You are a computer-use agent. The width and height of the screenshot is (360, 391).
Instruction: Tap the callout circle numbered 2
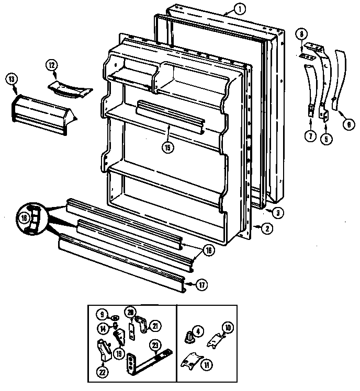coord(266,227)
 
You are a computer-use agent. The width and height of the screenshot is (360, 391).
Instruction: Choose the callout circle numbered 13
coord(12,79)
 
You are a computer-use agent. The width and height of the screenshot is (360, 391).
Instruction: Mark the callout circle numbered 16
coord(208,250)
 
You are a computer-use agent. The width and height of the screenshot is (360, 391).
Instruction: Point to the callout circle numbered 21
coord(155,326)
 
